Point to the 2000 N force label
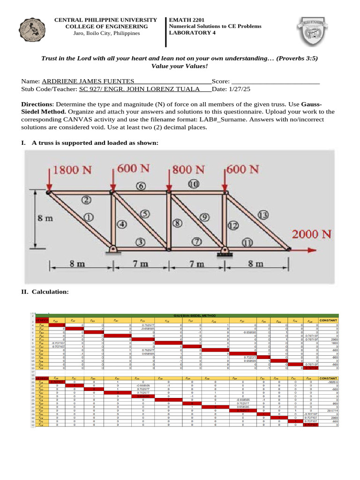pyautogui.click(x=312, y=234)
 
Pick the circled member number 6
pyautogui.click(x=140, y=186)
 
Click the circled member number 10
pyautogui.click(x=194, y=184)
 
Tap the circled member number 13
pyautogui.click(x=263, y=215)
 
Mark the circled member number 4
pyautogui.click(x=122, y=224)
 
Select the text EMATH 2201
pyautogui.click(x=185, y=20)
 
